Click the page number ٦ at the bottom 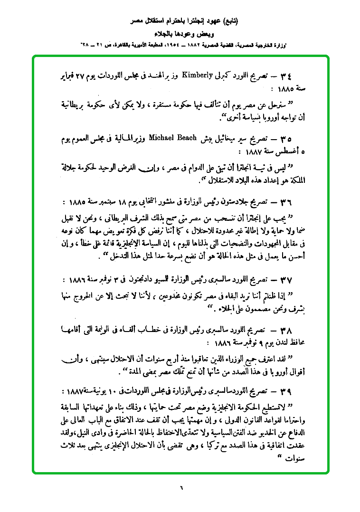pos(180,486)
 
